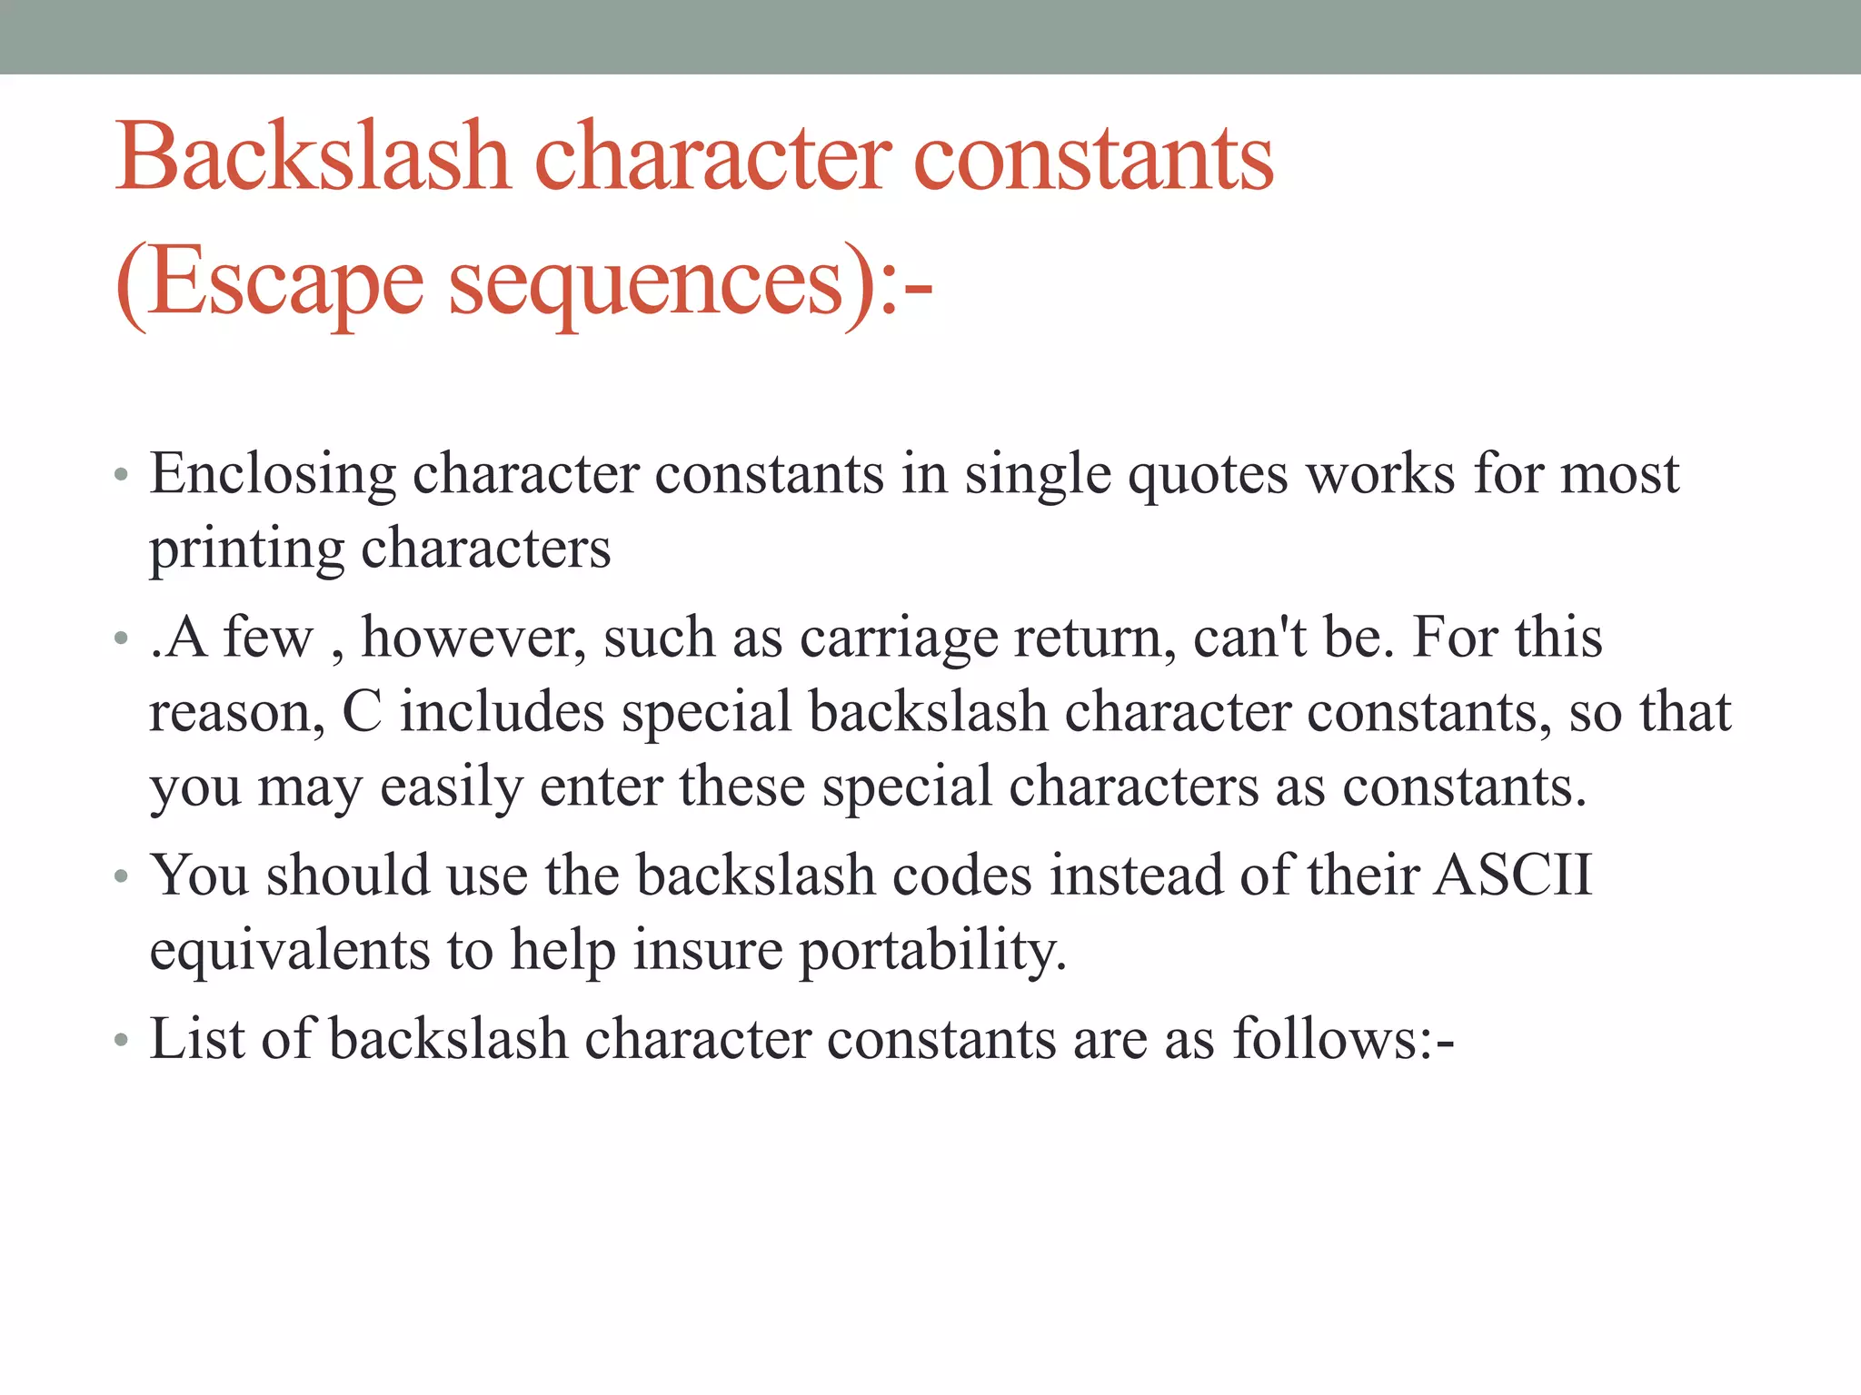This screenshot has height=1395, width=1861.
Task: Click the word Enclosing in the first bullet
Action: pyautogui.click(x=273, y=475)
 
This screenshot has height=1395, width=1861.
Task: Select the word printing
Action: pyautogui.click(x=246, y=549)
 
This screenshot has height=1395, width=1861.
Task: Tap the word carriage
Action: pyautogui.click(x=898, y=638)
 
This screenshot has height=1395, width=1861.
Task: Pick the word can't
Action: pyautogui.click(x=1249, y=637)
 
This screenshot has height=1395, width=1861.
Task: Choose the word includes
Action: pyautogui.click(x=503, y=711)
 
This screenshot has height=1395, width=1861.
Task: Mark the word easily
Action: pyautogui.click(x=451, y=787)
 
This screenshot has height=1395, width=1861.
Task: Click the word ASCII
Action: pyautogui.click(x=1512, y=876)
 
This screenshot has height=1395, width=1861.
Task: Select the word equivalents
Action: pyautogui.click(x=290, y=950)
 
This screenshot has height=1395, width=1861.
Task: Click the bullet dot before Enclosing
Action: pyautogui.click(x=122, y=475)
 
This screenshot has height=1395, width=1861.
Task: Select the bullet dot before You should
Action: pyautogui.click(x=122, y=877)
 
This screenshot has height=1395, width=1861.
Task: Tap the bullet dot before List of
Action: pyautogui.click(x=122, y=1040)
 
